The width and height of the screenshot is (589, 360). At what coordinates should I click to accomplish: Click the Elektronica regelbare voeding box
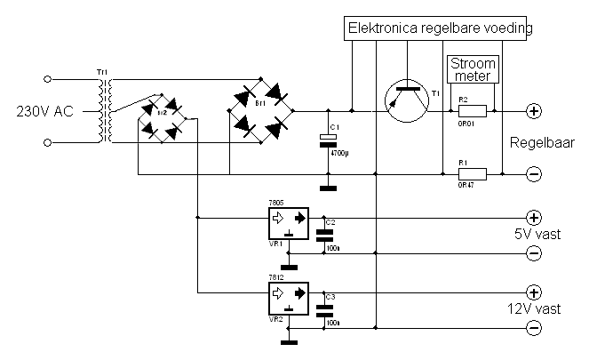(440, 28)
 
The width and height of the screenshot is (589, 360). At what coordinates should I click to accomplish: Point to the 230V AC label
(45, 112)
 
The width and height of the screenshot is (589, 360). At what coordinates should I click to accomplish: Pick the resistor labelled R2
(472, 112)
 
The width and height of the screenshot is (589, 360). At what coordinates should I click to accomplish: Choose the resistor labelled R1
(472, 175)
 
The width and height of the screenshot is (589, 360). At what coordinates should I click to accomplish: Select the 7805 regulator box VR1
(288, 219)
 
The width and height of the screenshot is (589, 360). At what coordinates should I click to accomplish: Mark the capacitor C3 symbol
(325, 309)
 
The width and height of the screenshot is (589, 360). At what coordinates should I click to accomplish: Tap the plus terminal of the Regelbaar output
(534, 112)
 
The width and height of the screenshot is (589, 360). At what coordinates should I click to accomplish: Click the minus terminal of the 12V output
(534, 329)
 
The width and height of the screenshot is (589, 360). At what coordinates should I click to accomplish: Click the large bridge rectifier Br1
(262, 111)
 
